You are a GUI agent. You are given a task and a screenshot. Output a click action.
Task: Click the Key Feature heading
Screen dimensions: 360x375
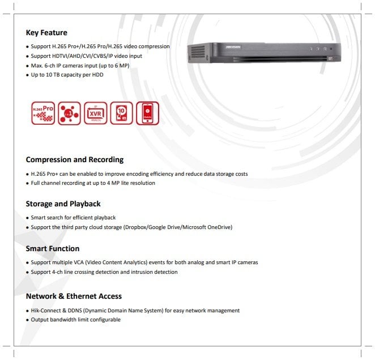[x=46, y=33]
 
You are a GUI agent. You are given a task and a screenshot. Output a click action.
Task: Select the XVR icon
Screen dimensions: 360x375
[x=95, y=113]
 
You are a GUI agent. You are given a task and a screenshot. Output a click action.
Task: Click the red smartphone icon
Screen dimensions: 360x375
[x=147, y=113]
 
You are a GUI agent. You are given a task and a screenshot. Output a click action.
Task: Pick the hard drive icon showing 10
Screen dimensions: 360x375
[x=121, y=113]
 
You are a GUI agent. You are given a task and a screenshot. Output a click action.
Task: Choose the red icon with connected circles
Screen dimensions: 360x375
[x=68, y=113]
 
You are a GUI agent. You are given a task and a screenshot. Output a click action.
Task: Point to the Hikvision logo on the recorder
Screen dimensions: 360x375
[x=234, y=47]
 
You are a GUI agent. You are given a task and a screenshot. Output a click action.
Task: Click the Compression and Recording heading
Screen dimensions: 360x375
[x=75, y=160]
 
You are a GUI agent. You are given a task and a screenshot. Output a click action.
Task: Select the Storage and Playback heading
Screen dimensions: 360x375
[x=63, y=204]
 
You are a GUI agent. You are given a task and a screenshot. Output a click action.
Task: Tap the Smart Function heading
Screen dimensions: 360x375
[x=53, y=248]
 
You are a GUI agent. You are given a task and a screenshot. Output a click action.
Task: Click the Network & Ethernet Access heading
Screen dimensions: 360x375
[x=74, y=296]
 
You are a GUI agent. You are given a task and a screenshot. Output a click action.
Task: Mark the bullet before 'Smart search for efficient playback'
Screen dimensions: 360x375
[x=27, y=218]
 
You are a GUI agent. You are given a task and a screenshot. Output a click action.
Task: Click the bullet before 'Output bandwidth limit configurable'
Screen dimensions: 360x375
[x=27, y=320]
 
